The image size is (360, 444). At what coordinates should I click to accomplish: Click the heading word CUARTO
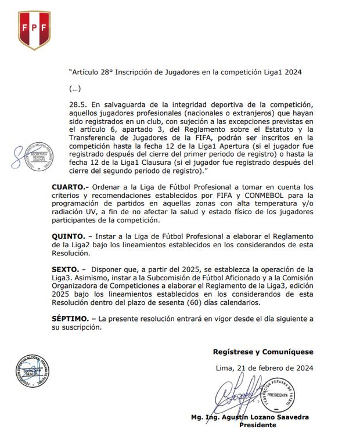tap(69, 187)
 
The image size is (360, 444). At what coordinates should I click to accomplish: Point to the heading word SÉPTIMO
tap(73, 319)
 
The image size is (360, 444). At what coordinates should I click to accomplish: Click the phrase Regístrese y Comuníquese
tap(263, 352)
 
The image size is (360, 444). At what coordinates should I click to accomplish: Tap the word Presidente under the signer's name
tap(258, 425)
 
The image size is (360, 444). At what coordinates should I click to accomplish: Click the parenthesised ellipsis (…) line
tap(75, 89)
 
